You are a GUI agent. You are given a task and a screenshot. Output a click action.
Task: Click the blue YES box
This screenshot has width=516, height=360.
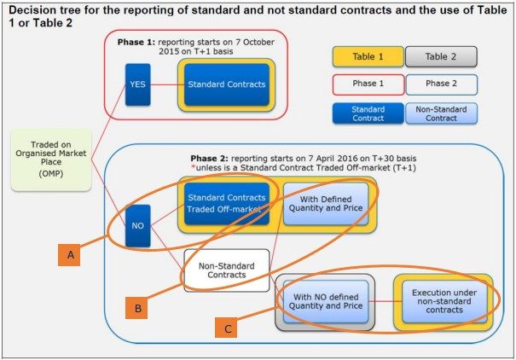[x=137, y=84]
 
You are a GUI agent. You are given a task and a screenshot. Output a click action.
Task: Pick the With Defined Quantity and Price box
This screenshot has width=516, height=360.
[x=320, y=203]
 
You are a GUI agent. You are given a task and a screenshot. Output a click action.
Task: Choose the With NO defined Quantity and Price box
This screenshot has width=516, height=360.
[x=323, y=302]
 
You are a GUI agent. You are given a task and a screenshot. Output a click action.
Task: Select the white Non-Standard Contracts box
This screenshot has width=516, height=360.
[x=226, y=270]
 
